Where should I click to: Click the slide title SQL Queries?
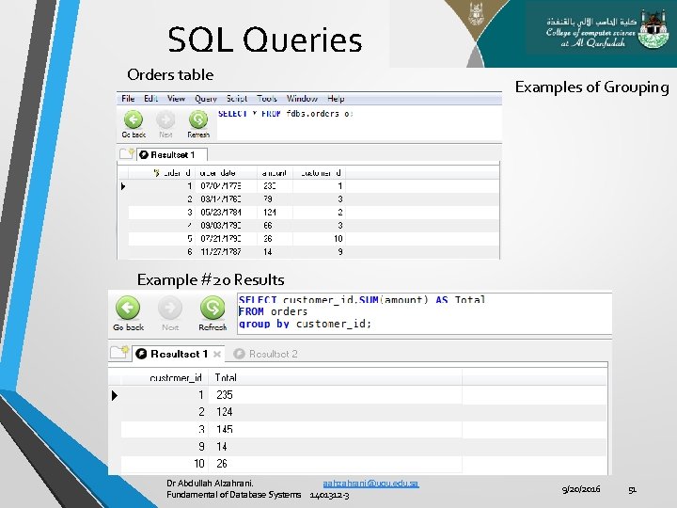pos(264,40)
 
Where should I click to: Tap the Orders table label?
pos(170,74)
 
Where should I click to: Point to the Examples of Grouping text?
pos(591,87)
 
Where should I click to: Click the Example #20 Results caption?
pos(211,279)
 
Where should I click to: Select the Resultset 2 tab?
pos(273,354)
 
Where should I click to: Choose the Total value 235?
pos(225,395)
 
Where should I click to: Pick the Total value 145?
pos(225,429)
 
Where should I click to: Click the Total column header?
pos(226,378)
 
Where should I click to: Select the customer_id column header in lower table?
pos(177,378)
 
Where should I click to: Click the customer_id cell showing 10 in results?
pos(199,464)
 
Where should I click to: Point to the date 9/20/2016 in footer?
pos(581,489)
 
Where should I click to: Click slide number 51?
pos(633,489)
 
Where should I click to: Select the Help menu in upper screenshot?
pos(336,99)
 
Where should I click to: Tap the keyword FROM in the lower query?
pos(251,311)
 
